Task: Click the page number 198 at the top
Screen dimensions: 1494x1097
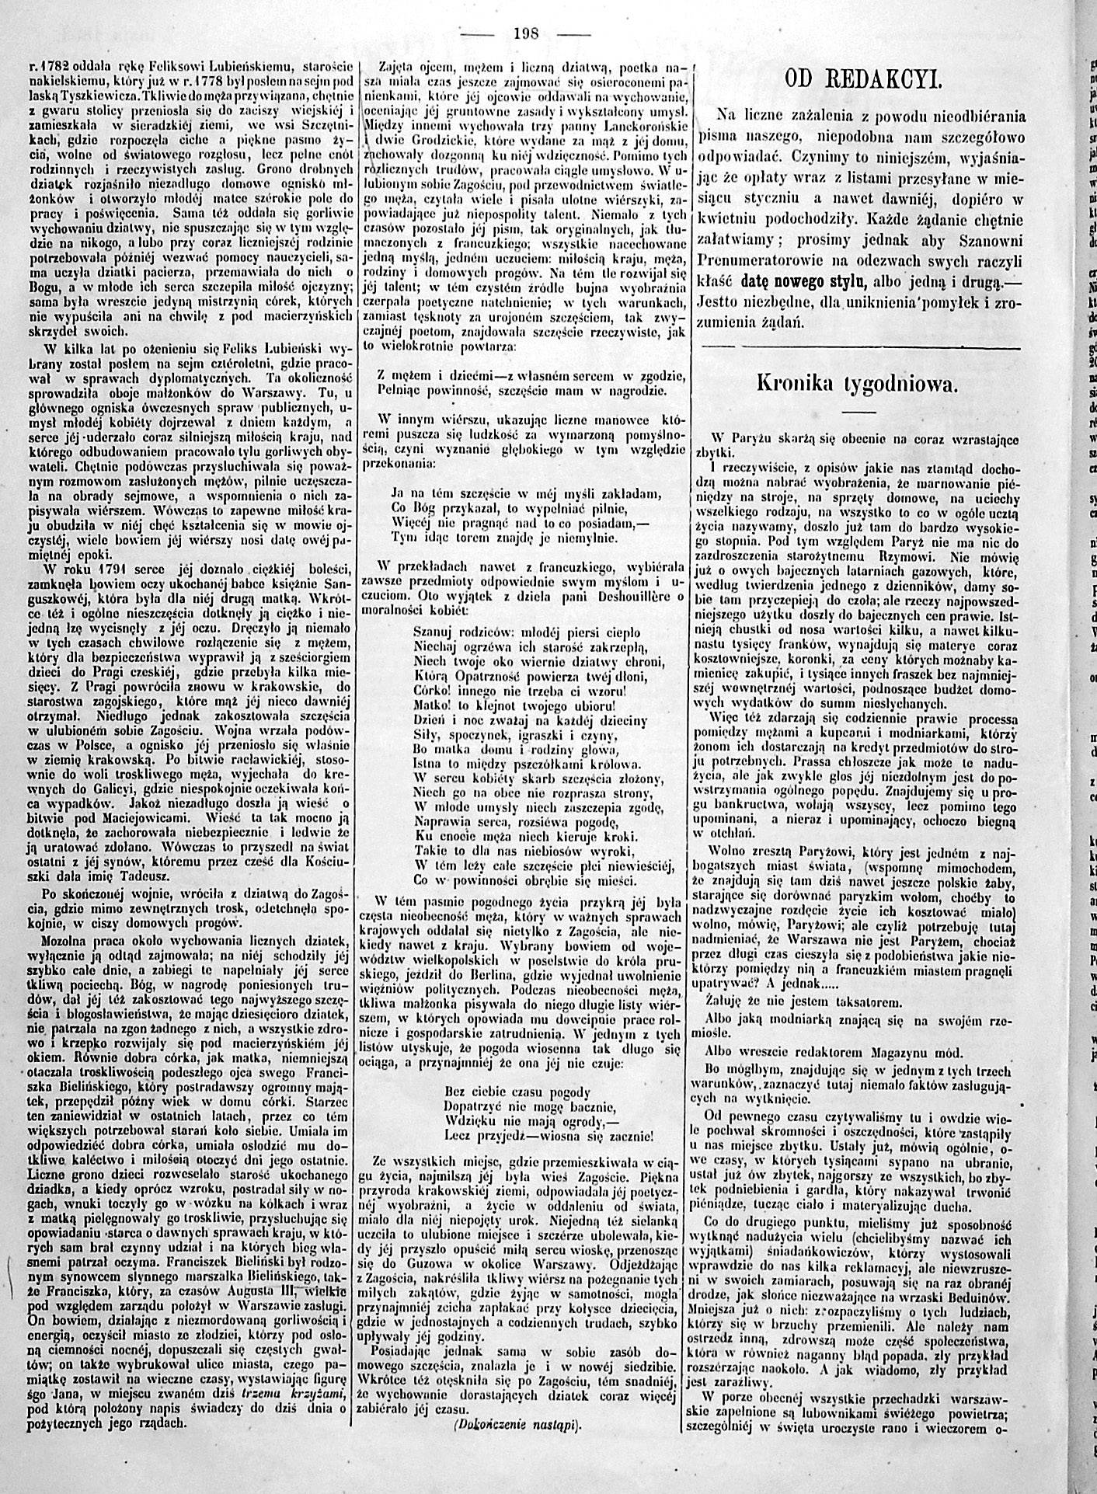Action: pos(526,33)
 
